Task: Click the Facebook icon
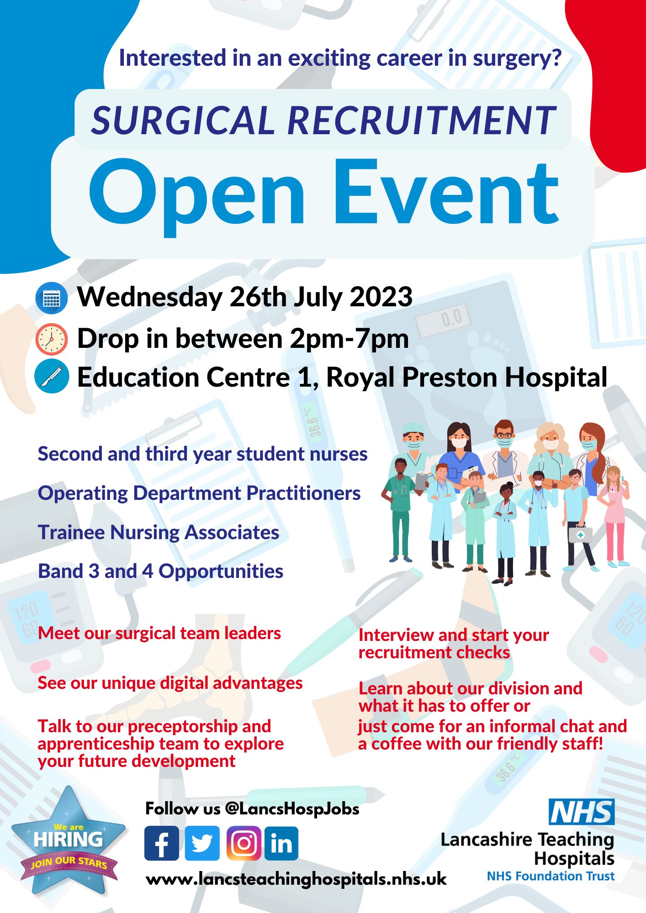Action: pos(162,843)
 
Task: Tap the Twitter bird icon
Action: pos(202,843)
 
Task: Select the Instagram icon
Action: pos(244,843)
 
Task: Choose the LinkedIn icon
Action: pos(281,843)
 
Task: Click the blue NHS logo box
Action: pos(581,812)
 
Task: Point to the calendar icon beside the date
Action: pos(52,298)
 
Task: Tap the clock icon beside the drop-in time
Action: pos(52,339)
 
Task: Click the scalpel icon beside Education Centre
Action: pos(52,377)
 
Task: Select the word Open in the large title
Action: pos(196,194)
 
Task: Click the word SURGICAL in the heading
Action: pos(182,121)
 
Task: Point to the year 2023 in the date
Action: pos(381,297)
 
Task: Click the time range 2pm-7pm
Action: pos(349,339)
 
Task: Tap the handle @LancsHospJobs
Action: pos(292,809)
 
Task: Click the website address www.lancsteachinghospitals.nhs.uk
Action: pos(296,879)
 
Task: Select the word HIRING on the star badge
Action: pos(68,839)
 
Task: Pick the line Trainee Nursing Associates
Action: pos(159,532)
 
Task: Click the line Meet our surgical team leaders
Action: pos(159,633)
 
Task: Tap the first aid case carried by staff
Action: pos(580,535)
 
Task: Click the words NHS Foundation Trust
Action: pos(551,876)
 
